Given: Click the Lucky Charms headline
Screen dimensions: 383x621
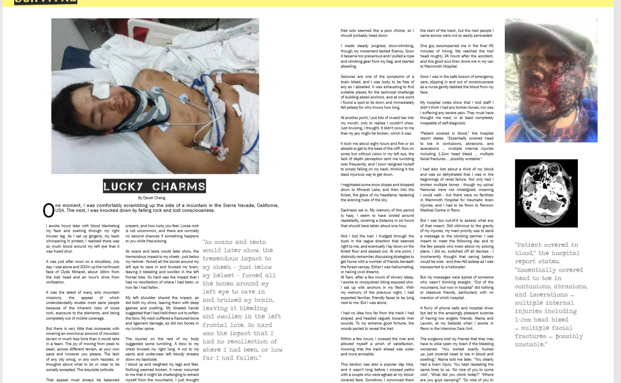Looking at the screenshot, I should point(154,186).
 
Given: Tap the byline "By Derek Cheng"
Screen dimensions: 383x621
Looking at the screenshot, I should point(152,198).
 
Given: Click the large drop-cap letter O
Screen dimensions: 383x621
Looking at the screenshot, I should point(48,210).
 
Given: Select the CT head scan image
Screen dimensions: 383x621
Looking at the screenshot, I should point(546,193).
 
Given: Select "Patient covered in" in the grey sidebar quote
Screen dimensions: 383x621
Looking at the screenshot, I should point(546,245).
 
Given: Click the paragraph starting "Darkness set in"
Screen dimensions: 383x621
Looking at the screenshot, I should point(377,218).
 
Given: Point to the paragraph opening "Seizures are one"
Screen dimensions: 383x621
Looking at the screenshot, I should point(377,92).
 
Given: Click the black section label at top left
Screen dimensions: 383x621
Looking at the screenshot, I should point(46,2).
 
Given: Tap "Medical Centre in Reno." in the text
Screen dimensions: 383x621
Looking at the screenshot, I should point(440,210).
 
